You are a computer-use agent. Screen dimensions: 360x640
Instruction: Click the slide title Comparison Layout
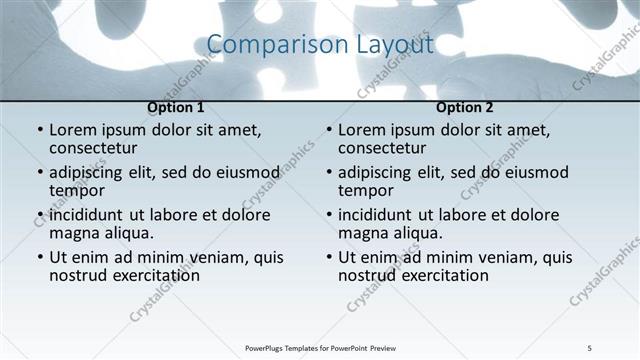click(320, 45)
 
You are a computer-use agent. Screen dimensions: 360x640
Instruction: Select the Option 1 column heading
click(176, 107)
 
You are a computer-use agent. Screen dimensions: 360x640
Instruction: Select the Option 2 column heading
click(465, 107)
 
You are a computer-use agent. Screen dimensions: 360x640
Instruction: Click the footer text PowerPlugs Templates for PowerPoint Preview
click(320, 347)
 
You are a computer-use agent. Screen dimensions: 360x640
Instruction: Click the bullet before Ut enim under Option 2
click(328, 257)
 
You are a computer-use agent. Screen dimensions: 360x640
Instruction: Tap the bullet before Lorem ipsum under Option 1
click(39, 130)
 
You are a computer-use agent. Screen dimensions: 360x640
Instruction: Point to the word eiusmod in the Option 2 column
click(535, 172)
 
